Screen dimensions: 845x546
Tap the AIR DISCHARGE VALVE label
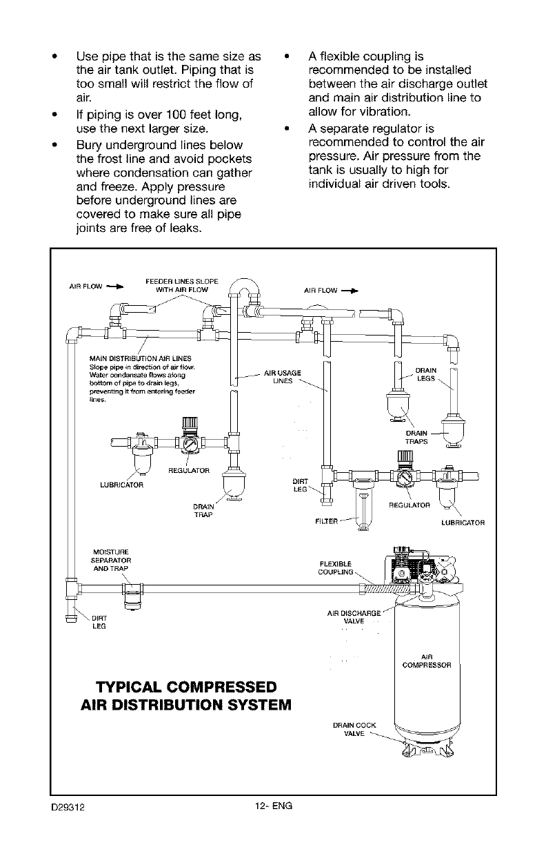pyautogui.click(x=354, y=616)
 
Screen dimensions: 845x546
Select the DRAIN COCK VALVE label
pyautogui.click(x=354, y=729)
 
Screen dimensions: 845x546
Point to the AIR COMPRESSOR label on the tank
pyautogui.click(x=426, y=661)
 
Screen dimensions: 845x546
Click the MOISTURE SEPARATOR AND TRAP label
pyautogui.click(x=112, y=559)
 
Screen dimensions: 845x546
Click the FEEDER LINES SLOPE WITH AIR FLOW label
pyautogui.click(x=182, y=286)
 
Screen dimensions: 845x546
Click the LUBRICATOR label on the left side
pyautogui.click(x=121, y=484)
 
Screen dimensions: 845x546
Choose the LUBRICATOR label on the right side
pyautogui.click(x=463, y=523)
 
